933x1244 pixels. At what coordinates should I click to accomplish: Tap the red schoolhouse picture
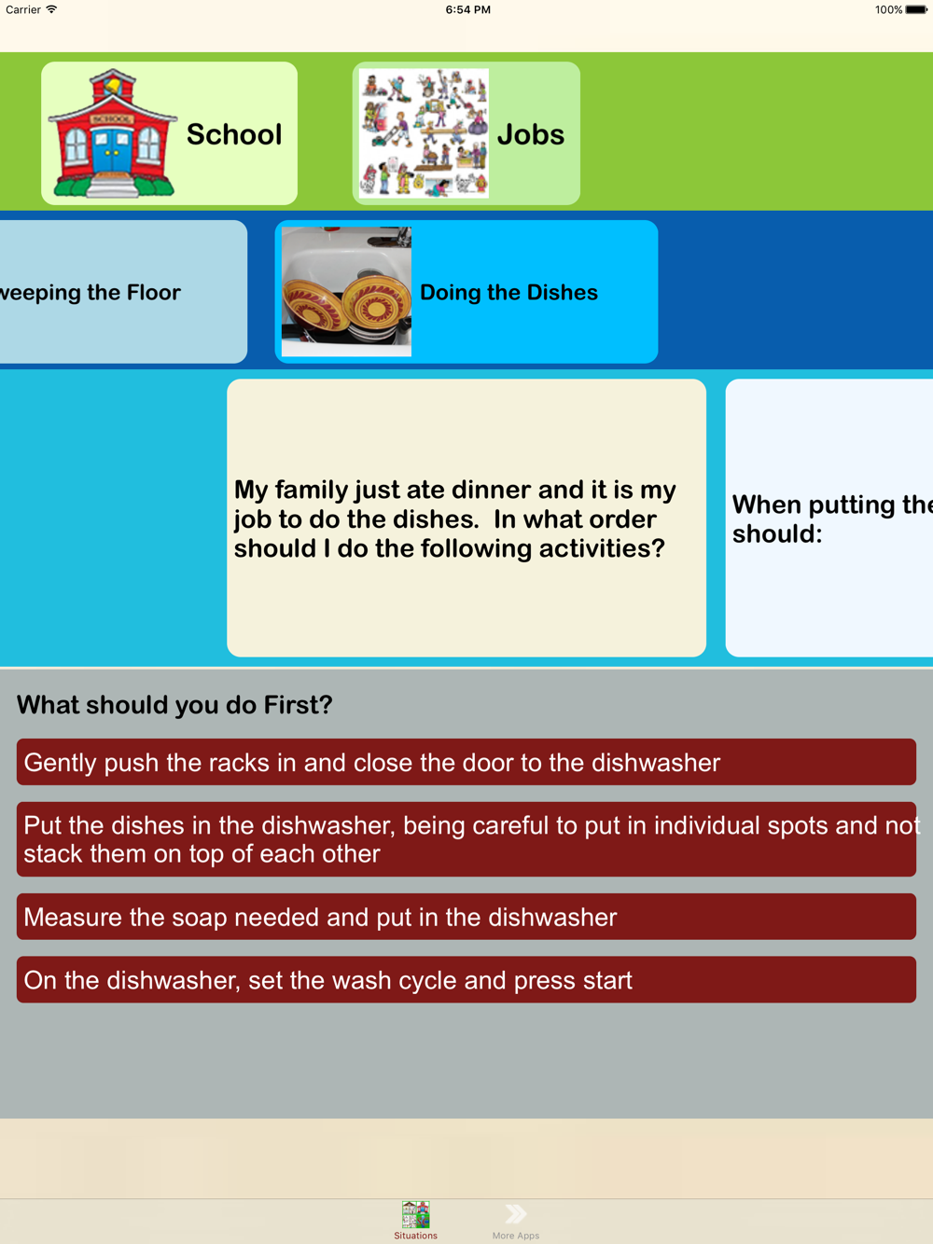112,133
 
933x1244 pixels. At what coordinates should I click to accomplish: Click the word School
234,134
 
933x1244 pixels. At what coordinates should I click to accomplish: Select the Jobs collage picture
424,133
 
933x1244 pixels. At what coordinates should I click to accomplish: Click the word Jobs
531,134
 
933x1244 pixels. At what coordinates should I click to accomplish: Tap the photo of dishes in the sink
346,292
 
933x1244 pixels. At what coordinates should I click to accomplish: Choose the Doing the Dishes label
508,293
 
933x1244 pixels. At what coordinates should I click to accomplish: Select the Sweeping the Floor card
123,292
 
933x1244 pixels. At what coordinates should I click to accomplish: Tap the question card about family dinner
466,518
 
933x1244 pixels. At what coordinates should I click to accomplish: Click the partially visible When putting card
829,518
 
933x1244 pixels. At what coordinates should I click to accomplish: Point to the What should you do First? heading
174,705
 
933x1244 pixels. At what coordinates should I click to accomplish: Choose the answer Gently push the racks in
466,762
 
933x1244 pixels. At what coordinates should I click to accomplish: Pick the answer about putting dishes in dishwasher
466,839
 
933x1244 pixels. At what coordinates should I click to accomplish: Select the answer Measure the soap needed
466,917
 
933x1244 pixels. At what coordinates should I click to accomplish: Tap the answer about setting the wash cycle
466,980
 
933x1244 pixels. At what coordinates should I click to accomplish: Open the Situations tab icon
415,1214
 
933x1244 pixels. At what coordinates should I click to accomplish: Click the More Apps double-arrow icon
516,1214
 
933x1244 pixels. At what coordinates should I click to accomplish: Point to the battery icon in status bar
916,9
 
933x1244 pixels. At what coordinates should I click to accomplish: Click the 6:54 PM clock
467,9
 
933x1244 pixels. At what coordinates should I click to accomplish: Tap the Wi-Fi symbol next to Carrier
51,9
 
